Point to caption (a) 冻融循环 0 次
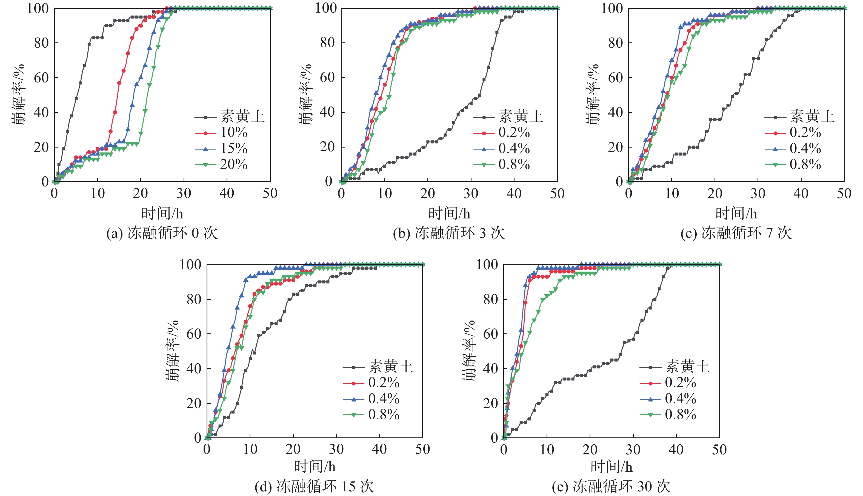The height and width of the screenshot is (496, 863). click(x=162, y=233)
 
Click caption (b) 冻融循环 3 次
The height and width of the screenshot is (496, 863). click(x=449, y=233)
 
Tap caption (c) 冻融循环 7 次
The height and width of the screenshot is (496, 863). click(x=736, y=233)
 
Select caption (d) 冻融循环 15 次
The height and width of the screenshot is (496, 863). click(x=314, y=486)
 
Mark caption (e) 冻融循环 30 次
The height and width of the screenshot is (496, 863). click(x=611, y=486)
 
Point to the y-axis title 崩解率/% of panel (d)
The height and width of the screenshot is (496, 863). click(x=173, y=351)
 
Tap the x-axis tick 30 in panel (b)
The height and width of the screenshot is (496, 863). click(x=471, y=194)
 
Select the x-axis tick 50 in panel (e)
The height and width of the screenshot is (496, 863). click(x=719, y=450)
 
